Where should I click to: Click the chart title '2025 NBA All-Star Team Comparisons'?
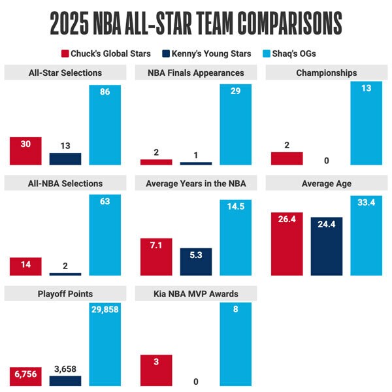click(196, 23)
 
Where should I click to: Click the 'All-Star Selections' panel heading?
click(65, 73)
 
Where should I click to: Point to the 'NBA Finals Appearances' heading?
click(196, 73)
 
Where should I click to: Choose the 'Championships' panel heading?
click(327, 73)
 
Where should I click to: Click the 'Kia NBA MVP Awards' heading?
click(196, 294)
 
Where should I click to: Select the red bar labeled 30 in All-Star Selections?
click(25, 152)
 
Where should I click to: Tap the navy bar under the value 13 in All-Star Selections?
click(65, 159)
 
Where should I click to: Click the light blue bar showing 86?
click(105, 125)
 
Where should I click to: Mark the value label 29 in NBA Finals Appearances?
click(236, 92)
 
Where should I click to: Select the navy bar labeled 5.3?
click(196, 261)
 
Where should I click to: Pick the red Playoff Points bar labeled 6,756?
click(25, 376)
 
